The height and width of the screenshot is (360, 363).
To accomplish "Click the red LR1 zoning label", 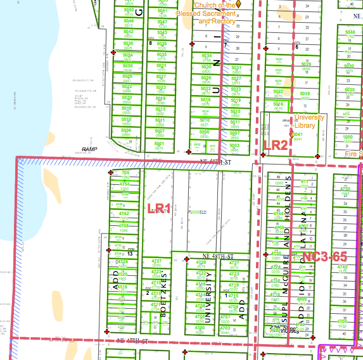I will [159, 208].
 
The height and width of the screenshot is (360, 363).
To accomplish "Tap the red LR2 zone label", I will [276, 145].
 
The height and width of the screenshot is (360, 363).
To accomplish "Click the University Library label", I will [310, 121].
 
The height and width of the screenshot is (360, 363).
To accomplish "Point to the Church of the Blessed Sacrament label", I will [216, 13].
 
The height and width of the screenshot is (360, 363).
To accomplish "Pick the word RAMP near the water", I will [89, 149].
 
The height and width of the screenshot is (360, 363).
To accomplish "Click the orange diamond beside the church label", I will [240, 4].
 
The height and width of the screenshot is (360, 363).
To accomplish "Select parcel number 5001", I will [160, 144].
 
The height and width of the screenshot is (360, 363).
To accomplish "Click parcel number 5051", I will [163, 11].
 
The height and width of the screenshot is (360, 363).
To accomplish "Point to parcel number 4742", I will [124, 214].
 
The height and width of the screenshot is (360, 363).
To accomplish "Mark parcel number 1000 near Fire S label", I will [347, 137].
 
